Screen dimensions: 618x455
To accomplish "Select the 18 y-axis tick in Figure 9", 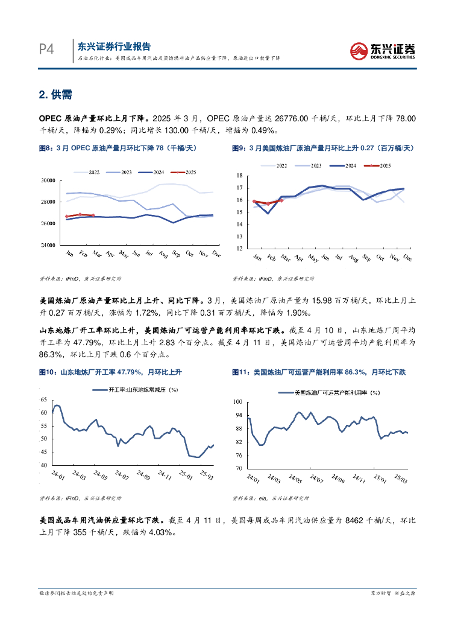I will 239,176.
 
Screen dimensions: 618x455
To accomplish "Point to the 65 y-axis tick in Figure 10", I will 43,400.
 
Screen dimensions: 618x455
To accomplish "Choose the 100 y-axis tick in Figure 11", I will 237,401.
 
